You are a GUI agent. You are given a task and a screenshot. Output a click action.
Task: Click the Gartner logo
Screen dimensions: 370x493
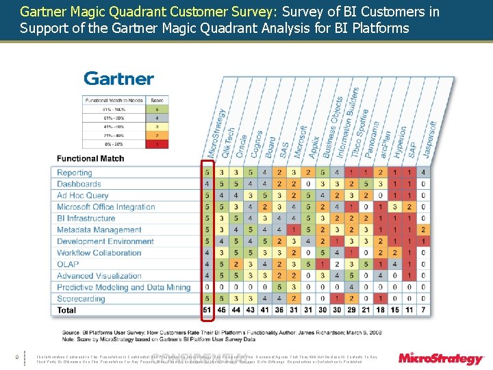pyautogui.click(x=118, y=79)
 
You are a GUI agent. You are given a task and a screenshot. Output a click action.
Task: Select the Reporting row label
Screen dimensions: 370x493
pyautogui.click(x=74, y=173)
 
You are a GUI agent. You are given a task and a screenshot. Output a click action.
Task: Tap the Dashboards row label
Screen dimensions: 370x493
pyautogui.click(x=79, y=184)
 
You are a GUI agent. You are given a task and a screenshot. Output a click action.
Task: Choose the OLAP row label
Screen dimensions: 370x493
pyautogui.click(x=68, y=264)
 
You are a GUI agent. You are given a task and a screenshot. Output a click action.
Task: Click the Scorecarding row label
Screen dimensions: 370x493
pyautogui.click(x=81, y=299)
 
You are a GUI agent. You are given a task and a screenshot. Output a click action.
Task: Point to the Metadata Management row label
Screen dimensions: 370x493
pyautogui.click(x=99, y=230)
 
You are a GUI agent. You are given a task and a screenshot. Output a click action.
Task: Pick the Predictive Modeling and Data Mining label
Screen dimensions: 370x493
pyautogui.click(x=123, y=288)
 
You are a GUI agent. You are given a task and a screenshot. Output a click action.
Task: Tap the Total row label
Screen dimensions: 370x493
pyautogui.click(x=67, y=310)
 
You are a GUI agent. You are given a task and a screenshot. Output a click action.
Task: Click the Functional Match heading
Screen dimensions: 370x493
pyautogui.click(x=90, y=158)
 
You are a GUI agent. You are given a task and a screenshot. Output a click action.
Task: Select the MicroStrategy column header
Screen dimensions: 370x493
pyautogui.click(x=216, y=134)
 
